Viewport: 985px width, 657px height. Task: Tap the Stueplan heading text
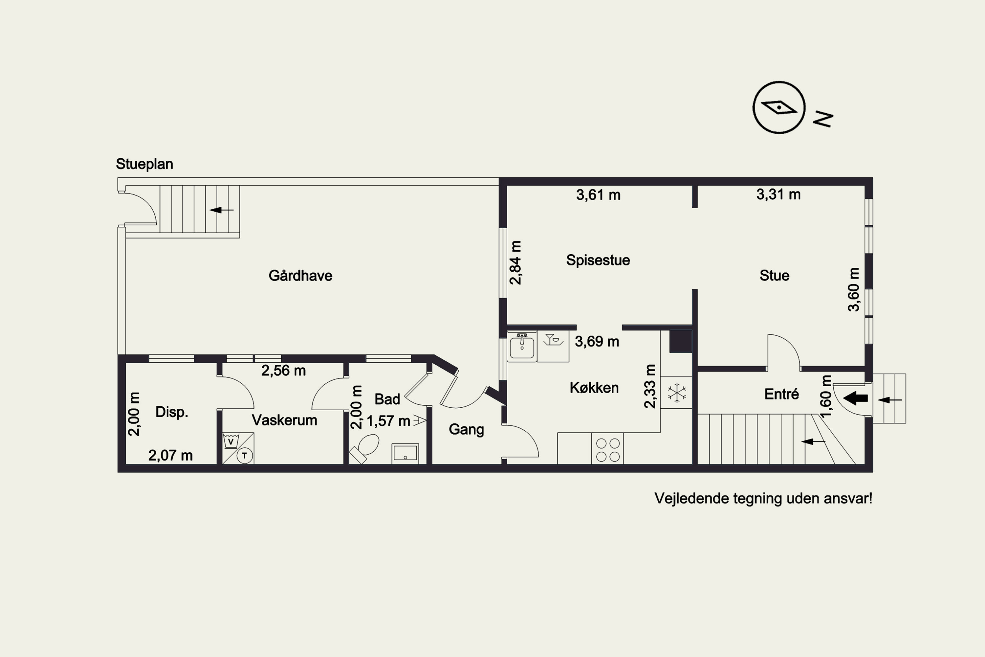pos(144,164)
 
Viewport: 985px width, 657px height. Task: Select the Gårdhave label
pos(300,275)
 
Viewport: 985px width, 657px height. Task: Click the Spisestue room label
pos(598,260)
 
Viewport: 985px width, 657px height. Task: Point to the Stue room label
pos(774,276)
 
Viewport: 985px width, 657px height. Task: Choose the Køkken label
pos(594,388)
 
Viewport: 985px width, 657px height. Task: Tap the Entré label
pos(781,394)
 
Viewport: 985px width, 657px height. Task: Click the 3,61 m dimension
pos(598,195)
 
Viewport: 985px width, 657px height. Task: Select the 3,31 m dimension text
pos(778,194)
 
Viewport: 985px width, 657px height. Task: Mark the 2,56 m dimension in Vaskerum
pos(284,371)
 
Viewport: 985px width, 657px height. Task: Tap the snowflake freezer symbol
pos(677,393)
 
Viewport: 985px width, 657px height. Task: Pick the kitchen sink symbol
pos(522,346)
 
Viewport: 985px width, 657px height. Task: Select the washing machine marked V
pos(231,441)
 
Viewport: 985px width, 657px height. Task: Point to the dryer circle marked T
pos(245,455)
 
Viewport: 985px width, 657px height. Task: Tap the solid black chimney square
pos(681,341)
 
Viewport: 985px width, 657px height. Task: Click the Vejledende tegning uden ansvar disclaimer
pos(763,499)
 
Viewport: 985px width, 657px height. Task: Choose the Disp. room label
pos(172,412)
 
